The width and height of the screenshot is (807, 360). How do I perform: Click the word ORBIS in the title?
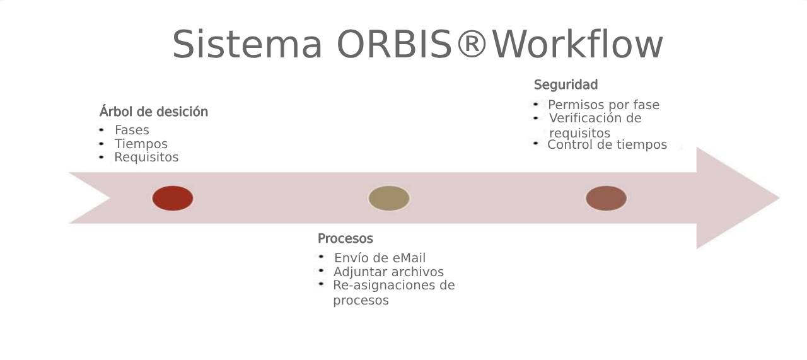(x=395, y=44)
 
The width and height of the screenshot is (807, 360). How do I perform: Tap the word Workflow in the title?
(x=578, y=44)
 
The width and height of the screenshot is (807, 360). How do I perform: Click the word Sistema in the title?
(x=247, y=44)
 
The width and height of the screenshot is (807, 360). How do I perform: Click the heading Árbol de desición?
(x=154, y=112)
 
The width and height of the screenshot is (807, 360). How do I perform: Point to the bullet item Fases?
(x=132, y=130)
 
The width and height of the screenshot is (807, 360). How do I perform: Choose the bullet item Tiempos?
(x=141, y=144)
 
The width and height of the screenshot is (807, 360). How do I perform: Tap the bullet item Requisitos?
(x=146, y=157)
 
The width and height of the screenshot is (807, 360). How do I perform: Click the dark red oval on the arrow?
(x=173, y=198)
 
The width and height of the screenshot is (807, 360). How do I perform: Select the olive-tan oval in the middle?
(x=389, y=198)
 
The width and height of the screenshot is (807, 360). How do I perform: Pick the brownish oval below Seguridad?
(x=607, y=198)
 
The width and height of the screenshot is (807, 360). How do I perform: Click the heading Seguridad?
(x=566, y=84)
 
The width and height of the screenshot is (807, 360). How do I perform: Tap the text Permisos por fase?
(x=604, y=105)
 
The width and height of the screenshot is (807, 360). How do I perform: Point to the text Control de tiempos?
(x=607, y=144)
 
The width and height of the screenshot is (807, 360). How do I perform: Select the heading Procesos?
(x=345, y=238)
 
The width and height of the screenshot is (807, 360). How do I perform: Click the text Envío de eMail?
(x=380, y=258)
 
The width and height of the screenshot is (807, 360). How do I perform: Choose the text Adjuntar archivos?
(x=388, y=272)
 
